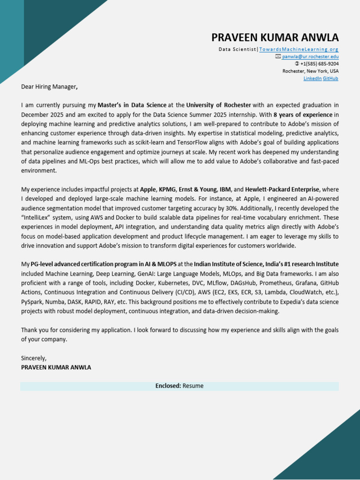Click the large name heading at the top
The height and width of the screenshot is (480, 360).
point(275,37)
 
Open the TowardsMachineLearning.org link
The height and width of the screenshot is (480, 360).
point(299,49)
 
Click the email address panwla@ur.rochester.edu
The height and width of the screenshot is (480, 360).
point(310,56)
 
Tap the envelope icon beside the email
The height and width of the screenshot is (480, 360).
point(278,56)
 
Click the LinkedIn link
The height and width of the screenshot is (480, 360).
point(312,78)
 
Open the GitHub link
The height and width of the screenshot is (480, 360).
point(330,78)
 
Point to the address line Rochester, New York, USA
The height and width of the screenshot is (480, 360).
point(310,71)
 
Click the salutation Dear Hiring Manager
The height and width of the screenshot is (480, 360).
point(48,86)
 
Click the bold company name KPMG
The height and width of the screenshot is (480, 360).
point(167,189)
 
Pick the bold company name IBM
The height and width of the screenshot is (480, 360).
point(225,189)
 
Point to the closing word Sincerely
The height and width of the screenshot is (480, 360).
point(34,358)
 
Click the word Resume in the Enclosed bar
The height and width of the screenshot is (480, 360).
point(193,386)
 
